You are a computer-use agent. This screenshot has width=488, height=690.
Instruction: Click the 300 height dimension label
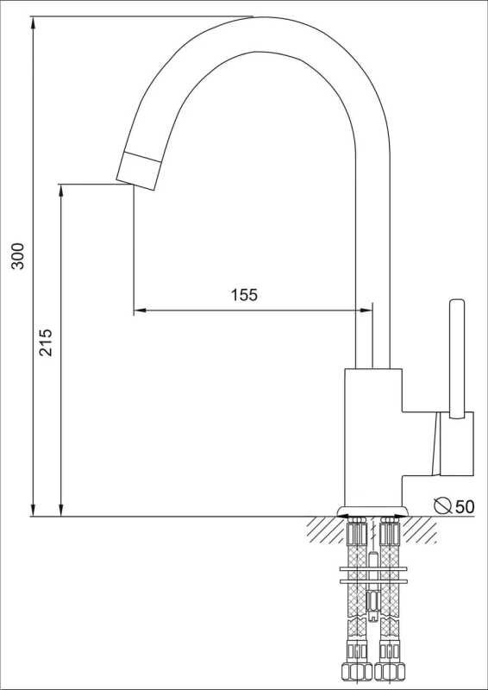tap(18, 255)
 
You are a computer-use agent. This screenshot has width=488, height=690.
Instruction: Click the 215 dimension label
tap(46, 342)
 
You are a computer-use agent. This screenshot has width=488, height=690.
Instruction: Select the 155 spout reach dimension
tap(244, 295)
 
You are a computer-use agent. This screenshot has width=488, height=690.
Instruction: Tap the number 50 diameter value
tap(465, 507)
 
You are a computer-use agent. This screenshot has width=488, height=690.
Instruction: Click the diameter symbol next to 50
tap(442, 505)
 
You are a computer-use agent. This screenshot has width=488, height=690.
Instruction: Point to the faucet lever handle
tap(457, 359)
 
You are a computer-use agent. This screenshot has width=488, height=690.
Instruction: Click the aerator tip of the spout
tap(137, 171)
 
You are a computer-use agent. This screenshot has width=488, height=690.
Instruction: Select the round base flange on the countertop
tap(372, 511)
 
